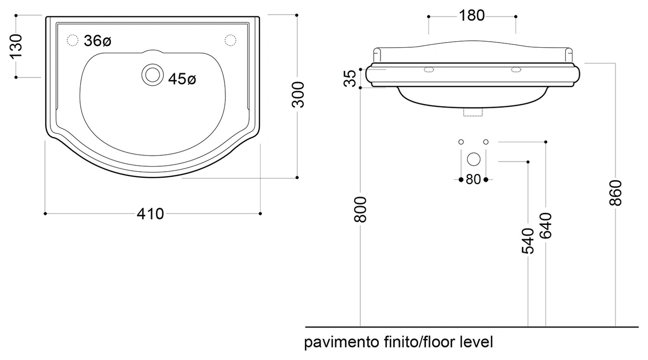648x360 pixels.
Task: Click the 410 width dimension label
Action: tap(150, 214)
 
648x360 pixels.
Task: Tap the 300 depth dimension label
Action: tap(298, 95)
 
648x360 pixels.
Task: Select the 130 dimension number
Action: tap(16, 46)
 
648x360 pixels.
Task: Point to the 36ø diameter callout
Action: tap(98, 41)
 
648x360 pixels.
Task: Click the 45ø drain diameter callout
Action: tap(182, 79)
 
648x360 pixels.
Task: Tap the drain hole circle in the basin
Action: tap(153, 74)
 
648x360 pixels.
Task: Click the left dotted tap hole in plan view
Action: tap(73, 40)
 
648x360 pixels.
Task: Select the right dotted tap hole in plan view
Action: tap(231, 40)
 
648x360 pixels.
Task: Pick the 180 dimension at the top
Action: tap(472, 16)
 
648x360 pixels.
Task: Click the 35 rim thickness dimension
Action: tap(350, 78)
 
